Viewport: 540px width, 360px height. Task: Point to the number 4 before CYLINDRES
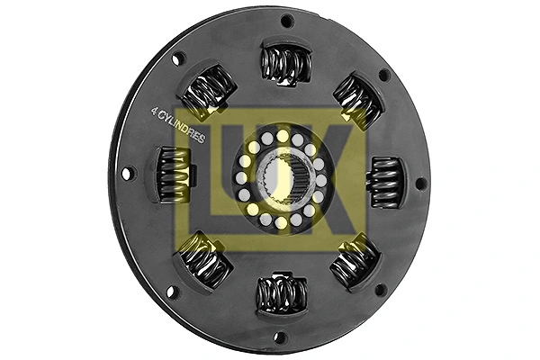154,112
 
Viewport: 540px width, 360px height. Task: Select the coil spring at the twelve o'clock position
286,65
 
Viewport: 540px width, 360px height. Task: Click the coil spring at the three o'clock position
384,182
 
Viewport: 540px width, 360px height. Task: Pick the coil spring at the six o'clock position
282,293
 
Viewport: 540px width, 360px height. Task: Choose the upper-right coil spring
357,101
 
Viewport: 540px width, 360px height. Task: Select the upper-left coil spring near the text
209,91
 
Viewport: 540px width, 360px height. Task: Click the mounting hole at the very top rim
287,21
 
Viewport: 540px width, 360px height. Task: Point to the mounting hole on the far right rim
420,184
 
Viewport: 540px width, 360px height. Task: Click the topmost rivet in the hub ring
283,136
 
